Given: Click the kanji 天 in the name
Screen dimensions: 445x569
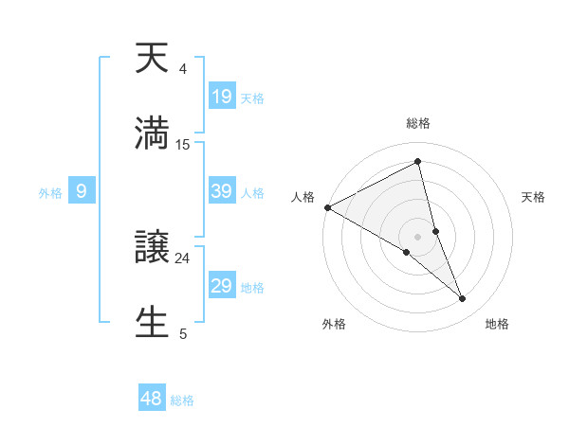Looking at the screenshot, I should click(x=152, y=58).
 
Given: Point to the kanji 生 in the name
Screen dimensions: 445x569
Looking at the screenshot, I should click(x=152, y=321).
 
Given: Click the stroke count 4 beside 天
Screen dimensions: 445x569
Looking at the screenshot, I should click(x=183, y=69).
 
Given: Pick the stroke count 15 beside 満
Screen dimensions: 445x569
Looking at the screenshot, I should click(x=183, y=144).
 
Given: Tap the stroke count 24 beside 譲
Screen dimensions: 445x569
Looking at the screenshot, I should click(x=183, y=258).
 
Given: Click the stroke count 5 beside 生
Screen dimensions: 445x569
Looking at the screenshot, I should click(x=183, y=333).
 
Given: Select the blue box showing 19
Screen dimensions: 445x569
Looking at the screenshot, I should click(x=222, y=96).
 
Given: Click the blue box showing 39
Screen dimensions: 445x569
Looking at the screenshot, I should click(x=222, y=191).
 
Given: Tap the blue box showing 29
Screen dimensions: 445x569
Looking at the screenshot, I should click(x=222, y=286).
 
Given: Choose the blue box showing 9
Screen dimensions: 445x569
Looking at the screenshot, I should click(x=82, y=191).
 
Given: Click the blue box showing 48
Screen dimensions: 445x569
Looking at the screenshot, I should click(x=152, y=399).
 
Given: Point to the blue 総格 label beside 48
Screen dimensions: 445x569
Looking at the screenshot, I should click(x=182, y=400).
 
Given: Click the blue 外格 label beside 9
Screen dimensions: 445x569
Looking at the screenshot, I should click(x=50, y=193).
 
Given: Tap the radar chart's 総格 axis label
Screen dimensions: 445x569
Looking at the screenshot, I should click(x=418, y=123).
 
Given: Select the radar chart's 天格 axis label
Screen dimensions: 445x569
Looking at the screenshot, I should click(x=534, y=197).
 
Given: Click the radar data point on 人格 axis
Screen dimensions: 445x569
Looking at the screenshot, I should click(x=327, y=206).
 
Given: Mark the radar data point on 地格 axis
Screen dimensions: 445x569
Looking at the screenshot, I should click(x=463, y=299).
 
